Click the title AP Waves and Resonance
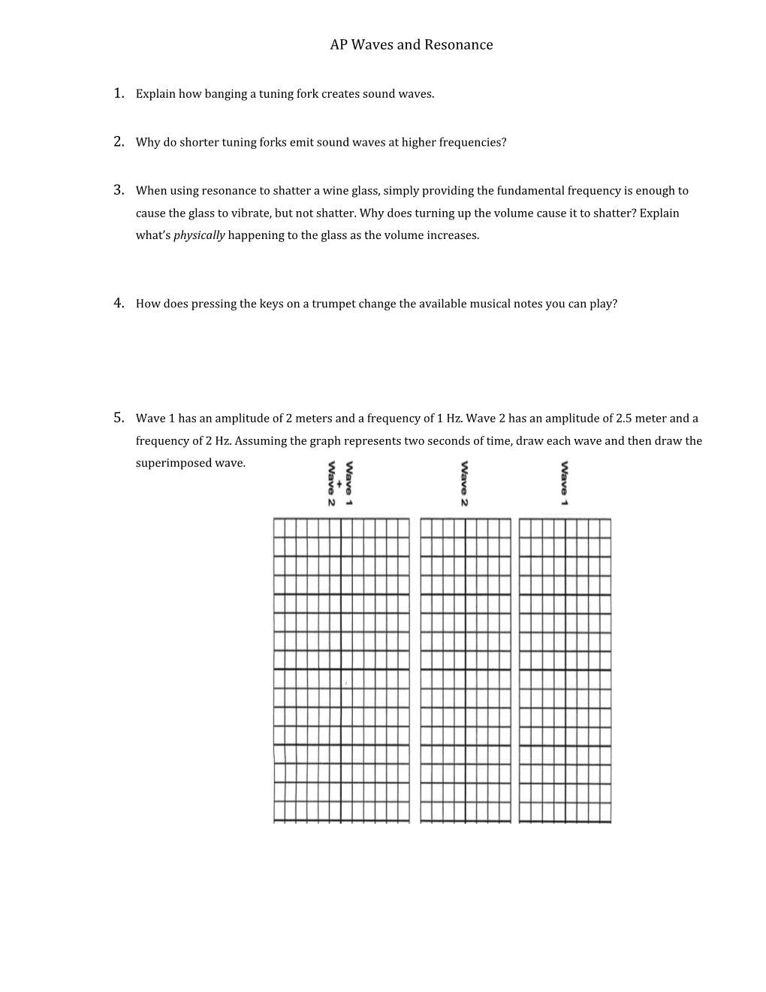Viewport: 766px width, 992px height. click(x=411, y=45)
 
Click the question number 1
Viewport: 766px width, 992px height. click(x=119, y=93)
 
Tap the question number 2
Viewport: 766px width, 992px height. click(x=119, y=141)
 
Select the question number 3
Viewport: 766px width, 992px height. click(x=119, y=189)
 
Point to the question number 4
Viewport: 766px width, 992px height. click(x=119, y=303)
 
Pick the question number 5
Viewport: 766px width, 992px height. click(x=119, y=417)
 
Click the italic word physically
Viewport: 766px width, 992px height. click(x=199, y=235)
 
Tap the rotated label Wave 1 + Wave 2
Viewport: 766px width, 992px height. click(x=339, y=484)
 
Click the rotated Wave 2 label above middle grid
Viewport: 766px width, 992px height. click(x=465, y=484)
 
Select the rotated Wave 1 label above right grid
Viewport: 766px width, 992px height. click(x=564, y=484)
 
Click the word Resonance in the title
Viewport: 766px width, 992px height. click(x=459, y=45)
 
